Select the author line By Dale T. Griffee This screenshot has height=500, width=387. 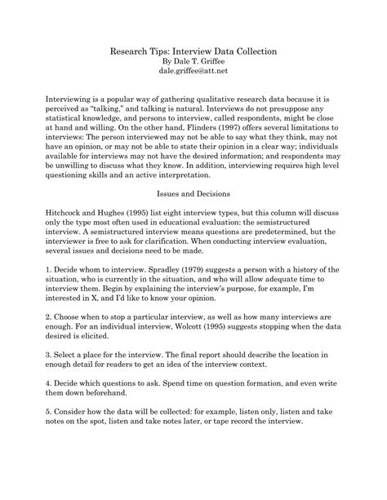193,61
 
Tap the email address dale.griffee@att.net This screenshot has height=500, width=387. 193,72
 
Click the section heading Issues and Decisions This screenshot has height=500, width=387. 193,193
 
